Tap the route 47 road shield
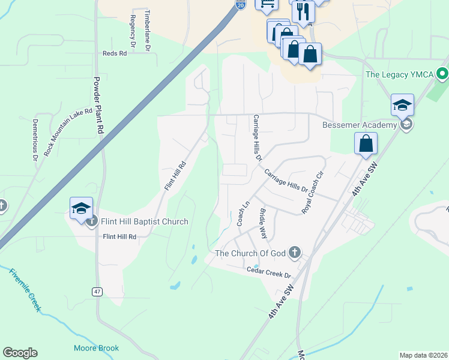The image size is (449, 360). click(96, 292)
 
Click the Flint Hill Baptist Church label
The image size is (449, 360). click(145, 222)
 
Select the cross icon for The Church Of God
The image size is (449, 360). click(294, 253)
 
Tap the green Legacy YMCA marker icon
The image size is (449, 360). click(442, 75)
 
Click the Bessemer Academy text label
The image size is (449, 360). click(360, 125)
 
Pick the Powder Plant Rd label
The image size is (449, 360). click(99, 104)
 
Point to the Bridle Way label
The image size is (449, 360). click(262, 223)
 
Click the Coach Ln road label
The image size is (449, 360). click(243, 213)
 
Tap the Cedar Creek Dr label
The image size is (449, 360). click(269, 271)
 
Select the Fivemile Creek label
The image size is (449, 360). click(25, 289)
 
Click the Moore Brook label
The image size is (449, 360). click(96, 348)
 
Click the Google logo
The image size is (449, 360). click(20, 353)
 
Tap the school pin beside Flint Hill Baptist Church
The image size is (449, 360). click(81, 207)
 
